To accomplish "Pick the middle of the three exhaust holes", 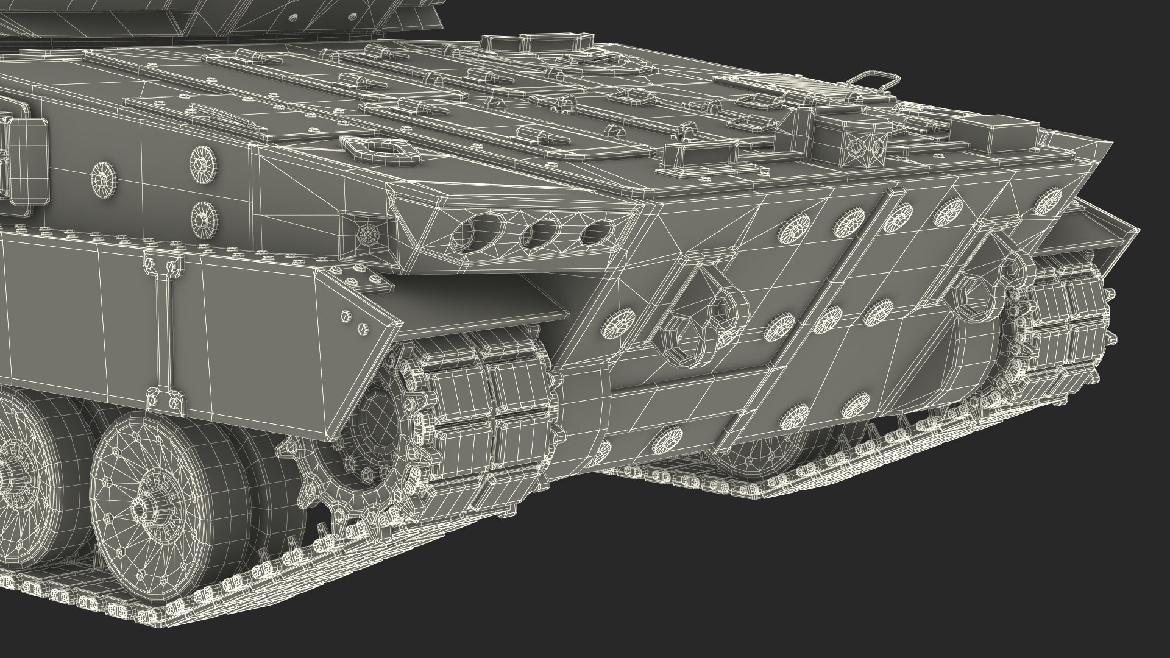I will pos(539,231).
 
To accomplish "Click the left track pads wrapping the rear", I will pos(487,414).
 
